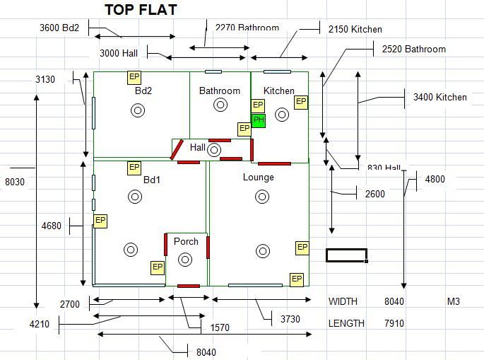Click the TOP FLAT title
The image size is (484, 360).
tap(141, 10)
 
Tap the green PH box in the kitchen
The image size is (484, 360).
tap(259, 120)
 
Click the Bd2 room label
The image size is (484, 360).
tap(143, 91)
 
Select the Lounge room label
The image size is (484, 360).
tap(258, 177)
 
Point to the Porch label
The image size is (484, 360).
tap(186, 241)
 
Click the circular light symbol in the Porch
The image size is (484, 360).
tap(185, 260)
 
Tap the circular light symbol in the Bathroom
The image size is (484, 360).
tap(220, 105)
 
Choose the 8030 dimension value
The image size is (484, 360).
tap(14, 182)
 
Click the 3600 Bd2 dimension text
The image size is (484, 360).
tap(59, 28)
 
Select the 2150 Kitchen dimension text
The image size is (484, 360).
tap(355, 30)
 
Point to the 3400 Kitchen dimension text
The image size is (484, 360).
tap(439, 97)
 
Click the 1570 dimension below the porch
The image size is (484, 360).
tap(220, 327)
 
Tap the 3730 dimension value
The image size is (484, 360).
tap(290, 319)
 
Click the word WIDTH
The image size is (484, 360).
tap(343, 301)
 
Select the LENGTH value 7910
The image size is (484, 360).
tap(394, 323)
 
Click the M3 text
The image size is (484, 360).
tap(453, 302)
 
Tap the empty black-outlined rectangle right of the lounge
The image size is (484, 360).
tap(346, 255)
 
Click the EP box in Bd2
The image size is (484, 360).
tap(134, 77)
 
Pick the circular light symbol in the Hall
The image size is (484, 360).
tap(215, 149)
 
